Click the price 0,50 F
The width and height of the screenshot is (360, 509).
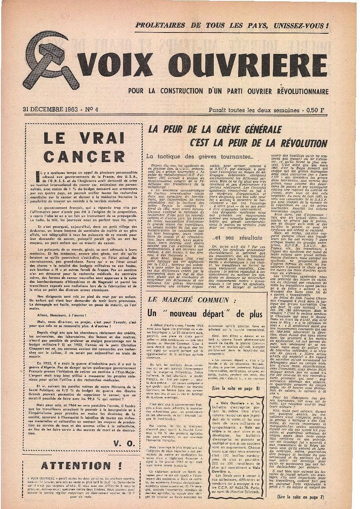[318, 110]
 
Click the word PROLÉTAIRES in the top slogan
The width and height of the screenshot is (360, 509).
[162, 25]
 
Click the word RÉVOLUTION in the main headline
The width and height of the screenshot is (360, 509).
[294, 143]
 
